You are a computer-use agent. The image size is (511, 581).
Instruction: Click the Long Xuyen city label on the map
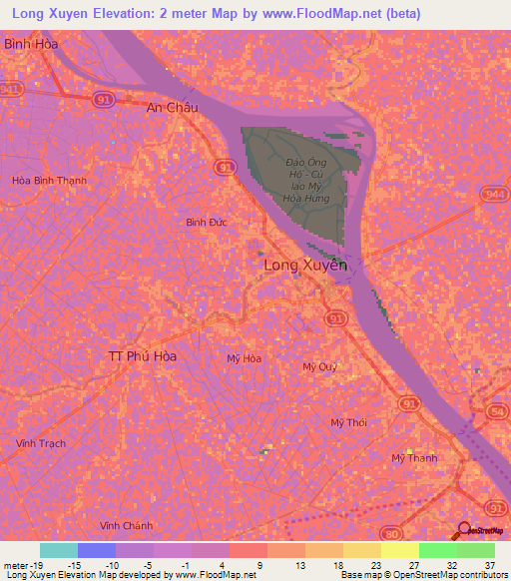[x=305, y=267]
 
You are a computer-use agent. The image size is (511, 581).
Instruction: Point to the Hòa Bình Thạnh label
[x=49, y=181]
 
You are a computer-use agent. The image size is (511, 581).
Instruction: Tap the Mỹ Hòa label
[x=245, y=358]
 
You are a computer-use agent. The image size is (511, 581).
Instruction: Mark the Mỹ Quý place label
[x=320, y=366]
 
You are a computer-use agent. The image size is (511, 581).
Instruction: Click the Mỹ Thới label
[x=348, y=422]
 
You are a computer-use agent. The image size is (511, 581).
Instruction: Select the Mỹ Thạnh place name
[x=414, y=458]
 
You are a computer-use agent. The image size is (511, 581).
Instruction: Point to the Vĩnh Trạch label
[x=41, y=442]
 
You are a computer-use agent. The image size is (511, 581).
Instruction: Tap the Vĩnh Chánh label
[x=126, y=525]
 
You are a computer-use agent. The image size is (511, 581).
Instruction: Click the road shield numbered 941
[x=11, y=89]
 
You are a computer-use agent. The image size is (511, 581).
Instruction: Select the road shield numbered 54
[x=499, y=410]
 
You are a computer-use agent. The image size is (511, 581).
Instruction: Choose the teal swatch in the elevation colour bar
[x=59, y=550]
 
